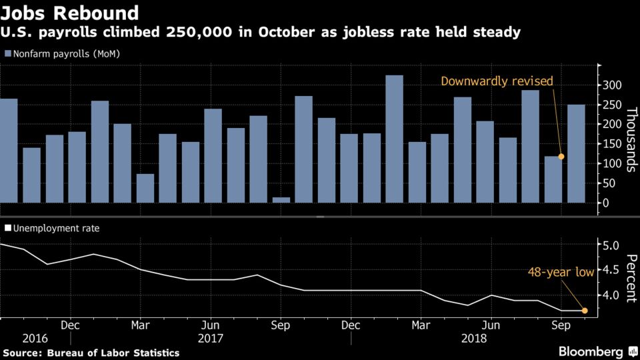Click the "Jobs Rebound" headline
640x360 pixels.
[x=70, y=13]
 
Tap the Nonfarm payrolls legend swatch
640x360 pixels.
[x=8, y=53]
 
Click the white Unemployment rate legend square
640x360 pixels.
[x=8, y=228]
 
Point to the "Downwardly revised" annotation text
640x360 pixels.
[x=497, y=81]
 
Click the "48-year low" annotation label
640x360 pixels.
[x=561, y=272]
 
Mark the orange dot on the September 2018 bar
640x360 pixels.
[x=561, y=156]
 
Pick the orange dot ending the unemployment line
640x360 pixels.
[x=585, y=311]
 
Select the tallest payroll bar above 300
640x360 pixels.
[x=394, y=139]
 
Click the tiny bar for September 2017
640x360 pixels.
[x=281, y=200]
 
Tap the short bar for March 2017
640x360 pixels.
[x=145, y=188]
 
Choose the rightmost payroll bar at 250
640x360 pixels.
[x=576, y=153]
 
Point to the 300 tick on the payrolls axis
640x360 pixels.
[x=612, y=85]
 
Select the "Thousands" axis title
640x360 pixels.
[x=631, y=139]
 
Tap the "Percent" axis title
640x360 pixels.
[x=631, y=278]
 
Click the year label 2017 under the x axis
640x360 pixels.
[x=211, y=339]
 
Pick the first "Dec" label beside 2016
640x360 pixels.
[x=70, y=325]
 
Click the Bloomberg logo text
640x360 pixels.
[x=591, y=351]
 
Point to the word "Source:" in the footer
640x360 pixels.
[x=23, y=353]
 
